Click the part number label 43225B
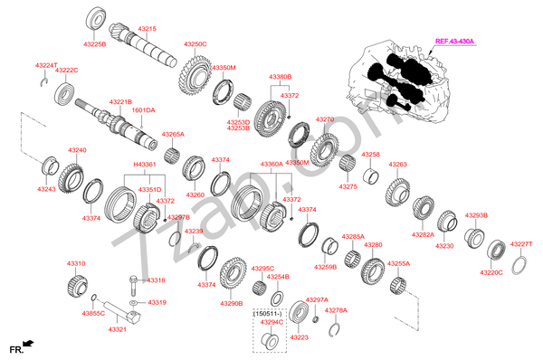(94, 44)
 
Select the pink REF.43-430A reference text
(454, 42)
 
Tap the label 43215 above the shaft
(148, 29)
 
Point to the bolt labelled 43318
(133, 285)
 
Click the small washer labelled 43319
(133, 303)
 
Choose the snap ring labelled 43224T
(44, 82)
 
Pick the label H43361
(145, 165)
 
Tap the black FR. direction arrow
(28, 344)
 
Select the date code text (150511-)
(268, 314)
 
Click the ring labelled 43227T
(519, 265)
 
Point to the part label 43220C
(491, 273)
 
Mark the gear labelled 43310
(77, 286)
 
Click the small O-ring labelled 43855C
(93, 298)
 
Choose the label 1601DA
(143, 110)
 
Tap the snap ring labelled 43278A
(334, 329)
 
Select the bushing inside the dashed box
(269, 340)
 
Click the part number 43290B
(232, 304)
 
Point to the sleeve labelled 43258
(370, 175)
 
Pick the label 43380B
(281, 77)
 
